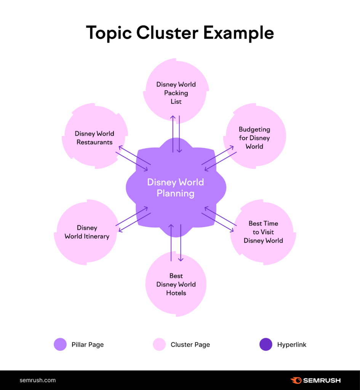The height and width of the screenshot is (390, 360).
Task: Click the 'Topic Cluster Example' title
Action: (x=180, y=33)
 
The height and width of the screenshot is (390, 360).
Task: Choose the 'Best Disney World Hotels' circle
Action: (x=176, y=285)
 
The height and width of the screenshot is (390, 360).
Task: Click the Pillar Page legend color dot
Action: (x=60, y=345)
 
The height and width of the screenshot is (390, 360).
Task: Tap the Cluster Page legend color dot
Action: (x=159, y=345)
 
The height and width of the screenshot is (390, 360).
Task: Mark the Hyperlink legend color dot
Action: (x=266, y=345)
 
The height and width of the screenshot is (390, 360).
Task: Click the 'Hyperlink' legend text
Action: (x=291, y=345)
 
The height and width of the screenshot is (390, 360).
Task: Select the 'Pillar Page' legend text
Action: (x=88, y=345)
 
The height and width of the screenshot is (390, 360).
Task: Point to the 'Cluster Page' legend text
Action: (x=190, y=345)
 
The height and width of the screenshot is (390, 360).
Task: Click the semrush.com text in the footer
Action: (x=38, y=380)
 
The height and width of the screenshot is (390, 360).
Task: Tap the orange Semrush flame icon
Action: (x=296, y=380)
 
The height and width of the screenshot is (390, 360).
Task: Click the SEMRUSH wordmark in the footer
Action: (x=322, y=380)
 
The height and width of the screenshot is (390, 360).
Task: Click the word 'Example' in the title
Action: (x=238, y=33)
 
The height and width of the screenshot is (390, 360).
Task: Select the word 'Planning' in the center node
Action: (x=176, y=193)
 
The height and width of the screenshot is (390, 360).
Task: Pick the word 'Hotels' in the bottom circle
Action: (x=176, y=293)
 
